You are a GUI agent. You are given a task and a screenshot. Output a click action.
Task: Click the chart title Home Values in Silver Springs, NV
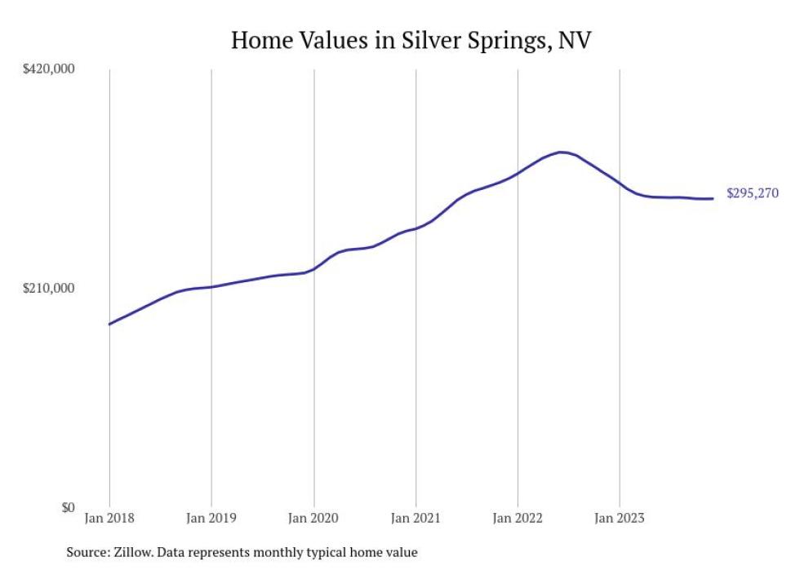tap(411, 40)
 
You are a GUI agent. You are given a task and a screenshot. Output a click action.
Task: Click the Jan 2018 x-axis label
tap(109, 518)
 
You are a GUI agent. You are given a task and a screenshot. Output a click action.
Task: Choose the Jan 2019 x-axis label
tap(211, 518)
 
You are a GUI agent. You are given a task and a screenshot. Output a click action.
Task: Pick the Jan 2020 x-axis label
tap(313, 518)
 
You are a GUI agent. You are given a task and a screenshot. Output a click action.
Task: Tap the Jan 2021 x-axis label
tap(416, 518)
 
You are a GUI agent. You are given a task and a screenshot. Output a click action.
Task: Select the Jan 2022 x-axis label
tap(518, 518)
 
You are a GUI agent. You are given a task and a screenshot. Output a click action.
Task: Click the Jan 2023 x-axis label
tap(620, 518)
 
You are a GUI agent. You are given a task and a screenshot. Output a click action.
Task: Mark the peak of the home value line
tap(560, 152)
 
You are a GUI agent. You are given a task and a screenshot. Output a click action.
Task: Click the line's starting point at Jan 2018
tap(109, 325)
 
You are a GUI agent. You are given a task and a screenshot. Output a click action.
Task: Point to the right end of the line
tap(713, 198)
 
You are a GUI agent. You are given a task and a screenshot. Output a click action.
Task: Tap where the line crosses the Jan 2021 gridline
tap(416, 228)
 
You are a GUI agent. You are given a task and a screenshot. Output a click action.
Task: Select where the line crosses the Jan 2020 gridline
tap(313, 269)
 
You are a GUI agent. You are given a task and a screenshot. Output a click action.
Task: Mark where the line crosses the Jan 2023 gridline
tap(620, 183)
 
